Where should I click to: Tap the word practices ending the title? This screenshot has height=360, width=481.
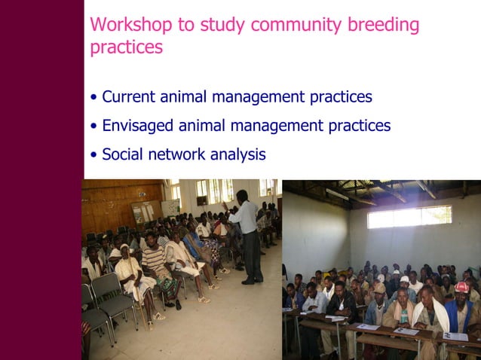pos(126,47)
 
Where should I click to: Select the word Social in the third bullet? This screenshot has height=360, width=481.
pos(122,154)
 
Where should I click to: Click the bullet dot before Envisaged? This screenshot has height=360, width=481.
pos(93,127)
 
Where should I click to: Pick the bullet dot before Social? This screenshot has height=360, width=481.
pos(93,155)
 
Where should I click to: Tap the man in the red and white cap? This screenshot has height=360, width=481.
pos(461,301)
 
